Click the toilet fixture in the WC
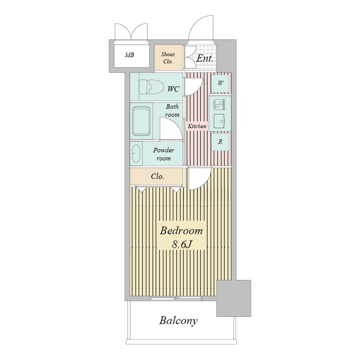(151, 87)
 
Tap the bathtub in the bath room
(141, 121)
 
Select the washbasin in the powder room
(137, 153)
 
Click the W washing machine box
(220, 83)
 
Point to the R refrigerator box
(220, 142)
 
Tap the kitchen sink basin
(219, 121)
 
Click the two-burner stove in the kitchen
(219, 105)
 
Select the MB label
(129, 55)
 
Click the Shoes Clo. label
(168, 58)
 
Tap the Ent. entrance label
(205, 58)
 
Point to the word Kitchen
(197, 126)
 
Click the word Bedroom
(182, 231)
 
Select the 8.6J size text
(182, 245)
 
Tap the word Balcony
(178, 321)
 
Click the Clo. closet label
(157, 176)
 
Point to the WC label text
(173, 89)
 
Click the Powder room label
(164, 154)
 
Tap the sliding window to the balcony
(176, 298)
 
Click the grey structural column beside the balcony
(234, 298)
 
